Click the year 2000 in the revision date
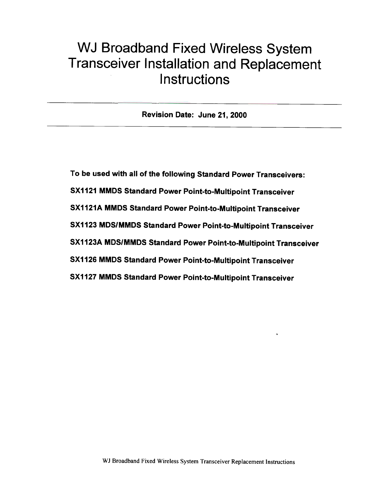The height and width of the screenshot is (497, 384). click(238, 115)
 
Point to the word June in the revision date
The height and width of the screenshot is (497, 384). click(206, 115)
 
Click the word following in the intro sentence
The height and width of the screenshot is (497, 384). click(178, 174)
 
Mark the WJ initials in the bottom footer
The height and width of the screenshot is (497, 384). click(106, 462)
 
